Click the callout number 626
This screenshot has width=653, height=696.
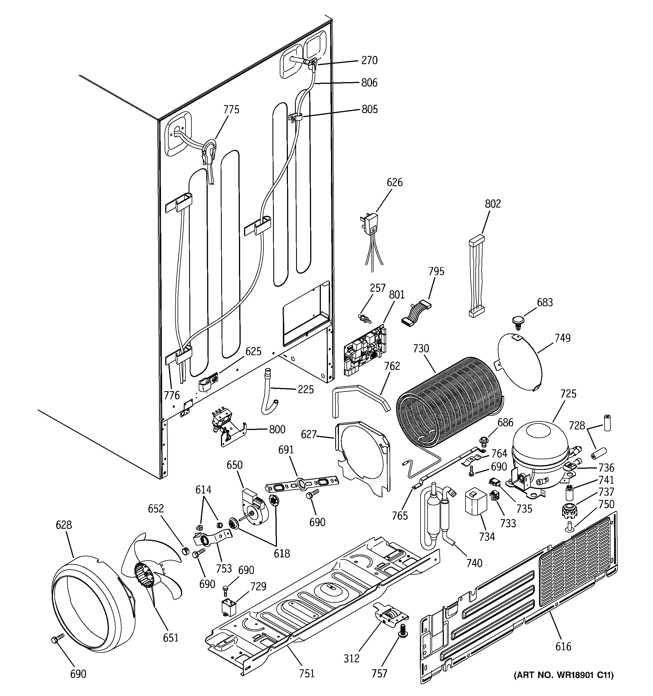click(394, 183)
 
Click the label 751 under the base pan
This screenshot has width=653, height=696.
click(307, 673)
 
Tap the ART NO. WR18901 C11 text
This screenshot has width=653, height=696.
click(563, 675)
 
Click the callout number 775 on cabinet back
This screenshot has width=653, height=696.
click(231, 110)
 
